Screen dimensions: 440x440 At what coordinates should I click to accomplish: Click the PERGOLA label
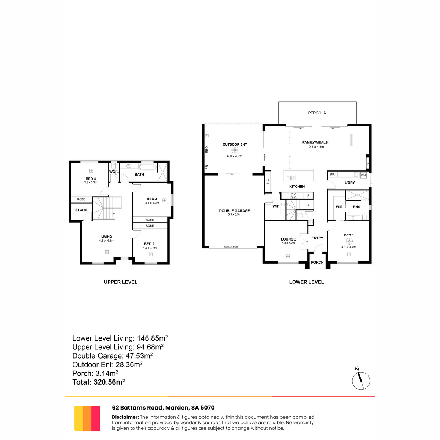tap(317, 113)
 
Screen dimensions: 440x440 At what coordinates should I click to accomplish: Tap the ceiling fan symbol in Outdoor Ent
tap(235, 150)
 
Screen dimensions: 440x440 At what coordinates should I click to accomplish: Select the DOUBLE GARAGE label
tap(234, 211)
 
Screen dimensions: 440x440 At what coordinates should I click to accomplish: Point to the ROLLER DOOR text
tap(231, 247)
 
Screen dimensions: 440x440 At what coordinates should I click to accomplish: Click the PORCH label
tap(317, 263)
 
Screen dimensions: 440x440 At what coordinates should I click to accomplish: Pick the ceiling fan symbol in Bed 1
tap(349, 241)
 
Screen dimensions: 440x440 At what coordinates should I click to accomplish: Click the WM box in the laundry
tap(363, 175)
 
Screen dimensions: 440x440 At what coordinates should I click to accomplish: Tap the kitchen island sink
tap(291, 178)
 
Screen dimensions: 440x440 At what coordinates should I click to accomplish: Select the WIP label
tap(276, 206)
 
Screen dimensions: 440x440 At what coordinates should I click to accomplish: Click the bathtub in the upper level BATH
tap(148, 167)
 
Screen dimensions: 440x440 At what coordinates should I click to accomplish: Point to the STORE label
tap(81, 210)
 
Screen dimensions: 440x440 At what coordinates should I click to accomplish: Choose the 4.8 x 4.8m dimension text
tap(107, 241)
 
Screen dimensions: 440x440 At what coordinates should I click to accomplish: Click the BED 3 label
tap(152, 199)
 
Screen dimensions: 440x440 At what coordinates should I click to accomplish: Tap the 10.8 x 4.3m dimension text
tap(315, 147)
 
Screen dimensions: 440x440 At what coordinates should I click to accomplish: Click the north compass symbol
tap(360, 381)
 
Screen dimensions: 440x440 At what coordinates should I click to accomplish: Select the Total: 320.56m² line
tap(98, 382)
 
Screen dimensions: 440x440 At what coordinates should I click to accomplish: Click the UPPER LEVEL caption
tap(121, 282)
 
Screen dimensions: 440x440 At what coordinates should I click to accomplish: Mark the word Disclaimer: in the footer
tap(125, 417)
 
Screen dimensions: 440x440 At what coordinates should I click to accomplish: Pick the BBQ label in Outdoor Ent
tap(207, 150)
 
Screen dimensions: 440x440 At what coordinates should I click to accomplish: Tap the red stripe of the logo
tap(95, 418)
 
